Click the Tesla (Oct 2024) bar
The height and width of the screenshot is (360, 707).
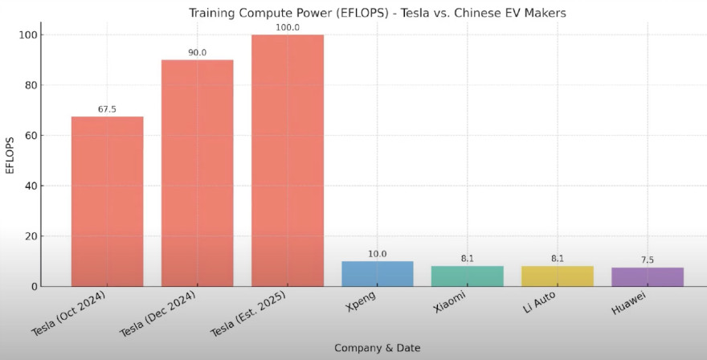107,201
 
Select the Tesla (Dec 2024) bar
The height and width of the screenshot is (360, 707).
197,173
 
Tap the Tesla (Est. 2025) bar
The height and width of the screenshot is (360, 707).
287,161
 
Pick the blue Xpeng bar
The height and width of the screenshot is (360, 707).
377,273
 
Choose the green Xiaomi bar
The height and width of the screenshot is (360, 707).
467,276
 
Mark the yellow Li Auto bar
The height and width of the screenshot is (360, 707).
557,276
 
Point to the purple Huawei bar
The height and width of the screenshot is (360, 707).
647,276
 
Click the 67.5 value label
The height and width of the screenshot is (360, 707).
107,109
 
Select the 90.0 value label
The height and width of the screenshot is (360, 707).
197,53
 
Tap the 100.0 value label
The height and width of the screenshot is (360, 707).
287,27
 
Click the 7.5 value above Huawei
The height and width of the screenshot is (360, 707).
647,260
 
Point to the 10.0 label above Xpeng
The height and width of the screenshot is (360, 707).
377,254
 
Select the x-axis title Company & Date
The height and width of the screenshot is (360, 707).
377,348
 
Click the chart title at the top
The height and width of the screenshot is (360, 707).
377,13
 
